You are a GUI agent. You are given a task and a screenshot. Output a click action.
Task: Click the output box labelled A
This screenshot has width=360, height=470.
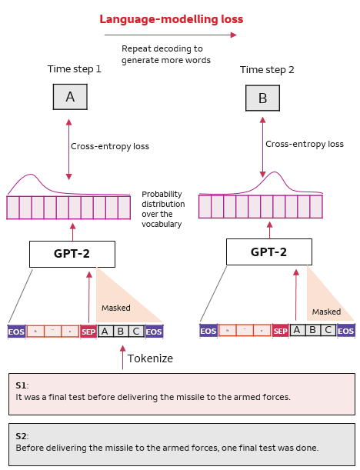pos(70,97)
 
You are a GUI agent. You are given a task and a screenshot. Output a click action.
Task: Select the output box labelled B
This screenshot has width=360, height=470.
pos(262,98)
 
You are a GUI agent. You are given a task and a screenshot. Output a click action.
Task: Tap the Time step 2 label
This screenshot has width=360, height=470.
pos(266,69)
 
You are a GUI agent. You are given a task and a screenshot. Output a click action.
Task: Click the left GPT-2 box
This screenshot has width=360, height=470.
pos(72,254)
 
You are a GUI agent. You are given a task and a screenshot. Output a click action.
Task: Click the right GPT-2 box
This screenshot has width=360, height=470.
pos(268,252)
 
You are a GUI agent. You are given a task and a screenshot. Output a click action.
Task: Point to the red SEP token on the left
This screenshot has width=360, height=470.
pos(88,332)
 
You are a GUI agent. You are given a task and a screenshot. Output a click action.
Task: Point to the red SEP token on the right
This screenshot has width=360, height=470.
pos(281,331)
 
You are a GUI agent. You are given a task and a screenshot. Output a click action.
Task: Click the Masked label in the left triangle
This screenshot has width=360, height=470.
pos(116,308)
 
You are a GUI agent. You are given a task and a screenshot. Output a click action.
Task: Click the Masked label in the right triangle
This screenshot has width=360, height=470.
pos(325,312)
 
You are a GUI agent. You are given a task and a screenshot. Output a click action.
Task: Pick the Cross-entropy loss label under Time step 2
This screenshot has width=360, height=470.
pos(304,144)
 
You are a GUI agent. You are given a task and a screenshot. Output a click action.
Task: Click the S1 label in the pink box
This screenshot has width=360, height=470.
pos(22,384)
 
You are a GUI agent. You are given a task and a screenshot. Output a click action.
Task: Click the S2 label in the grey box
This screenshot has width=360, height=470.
pos(22,435)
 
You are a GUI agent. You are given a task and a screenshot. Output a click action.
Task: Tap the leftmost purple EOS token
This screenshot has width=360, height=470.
pos(16,332)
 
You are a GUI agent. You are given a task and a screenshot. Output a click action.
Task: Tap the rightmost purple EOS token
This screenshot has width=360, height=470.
pos(345,331)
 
